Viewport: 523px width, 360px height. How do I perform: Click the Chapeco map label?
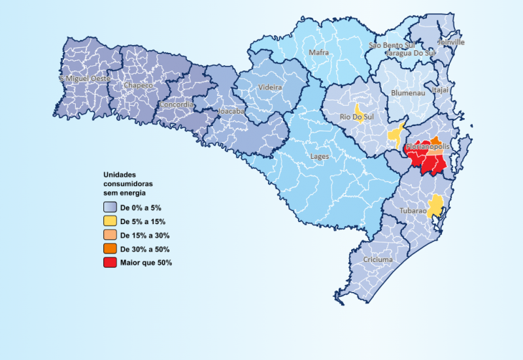click(x=138, y=86)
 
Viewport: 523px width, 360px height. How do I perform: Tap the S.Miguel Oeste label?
click(x=84, y=78)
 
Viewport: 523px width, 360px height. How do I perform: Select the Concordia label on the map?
click(x=176, y=105)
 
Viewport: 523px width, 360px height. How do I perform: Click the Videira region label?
click(x=270, y=87)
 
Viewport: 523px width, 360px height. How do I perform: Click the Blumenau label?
click(x=407, y=93)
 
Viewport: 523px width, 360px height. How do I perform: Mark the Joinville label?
click(x=451, y=42)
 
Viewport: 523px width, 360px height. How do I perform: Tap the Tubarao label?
click(x=413, y=211)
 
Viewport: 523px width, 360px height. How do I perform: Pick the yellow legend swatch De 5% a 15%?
click(x=110, y=221)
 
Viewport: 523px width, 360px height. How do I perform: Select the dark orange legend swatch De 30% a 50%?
click(x=110, y=249)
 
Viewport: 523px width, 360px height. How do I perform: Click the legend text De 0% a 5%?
click(x=141, y=207)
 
